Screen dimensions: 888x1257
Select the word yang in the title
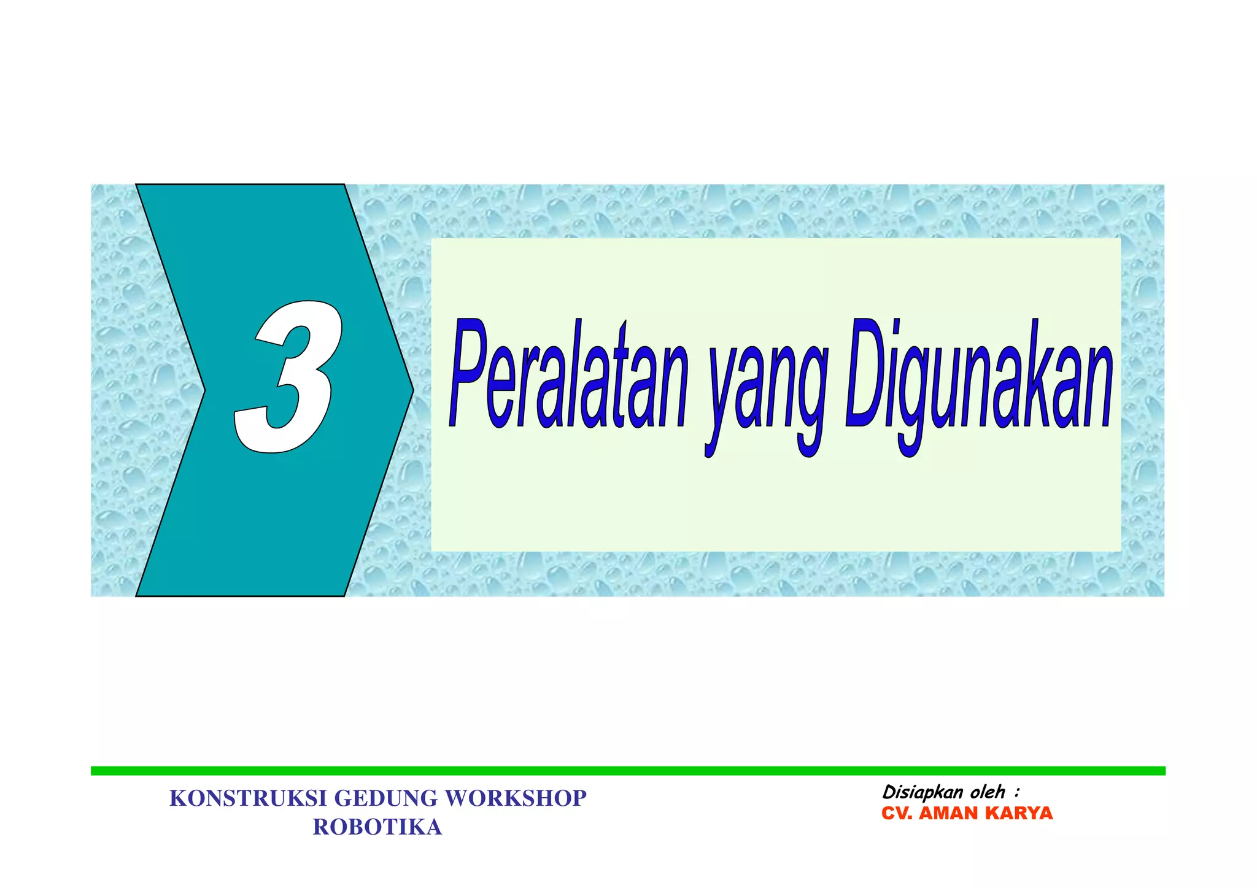tap(764, 393)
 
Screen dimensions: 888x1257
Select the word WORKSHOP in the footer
tap(516, 798)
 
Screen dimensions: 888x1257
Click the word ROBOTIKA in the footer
tap(377, 827)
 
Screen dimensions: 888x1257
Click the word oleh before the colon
tap(987, 792)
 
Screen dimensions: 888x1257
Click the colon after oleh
tap(1017, 793)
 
